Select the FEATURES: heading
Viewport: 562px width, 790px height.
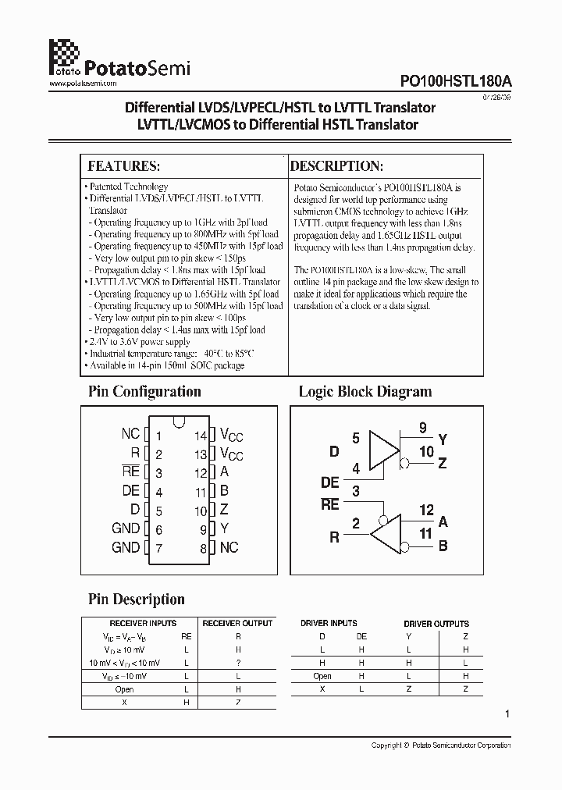tap(124, 166)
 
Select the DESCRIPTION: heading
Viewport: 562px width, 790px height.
tap(336, 166)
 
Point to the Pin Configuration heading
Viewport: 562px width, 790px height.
tap(144, 392)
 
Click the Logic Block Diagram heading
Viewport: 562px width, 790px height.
tap(365, 392)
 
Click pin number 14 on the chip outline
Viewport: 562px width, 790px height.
tap(201, 436)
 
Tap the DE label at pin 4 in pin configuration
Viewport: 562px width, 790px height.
tap(130, 492)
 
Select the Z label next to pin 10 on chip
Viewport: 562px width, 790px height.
tap(225, 511)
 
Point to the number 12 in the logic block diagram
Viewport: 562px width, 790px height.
tap(425, 511)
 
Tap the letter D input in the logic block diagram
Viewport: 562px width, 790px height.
tap(334, 452)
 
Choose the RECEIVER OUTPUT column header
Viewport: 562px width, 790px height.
tap(237, 623)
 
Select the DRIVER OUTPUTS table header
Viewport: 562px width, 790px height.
tap(436, 624)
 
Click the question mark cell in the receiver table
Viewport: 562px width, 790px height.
tap(237, 663)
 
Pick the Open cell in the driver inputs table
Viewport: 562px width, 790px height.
tap(322, 676)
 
